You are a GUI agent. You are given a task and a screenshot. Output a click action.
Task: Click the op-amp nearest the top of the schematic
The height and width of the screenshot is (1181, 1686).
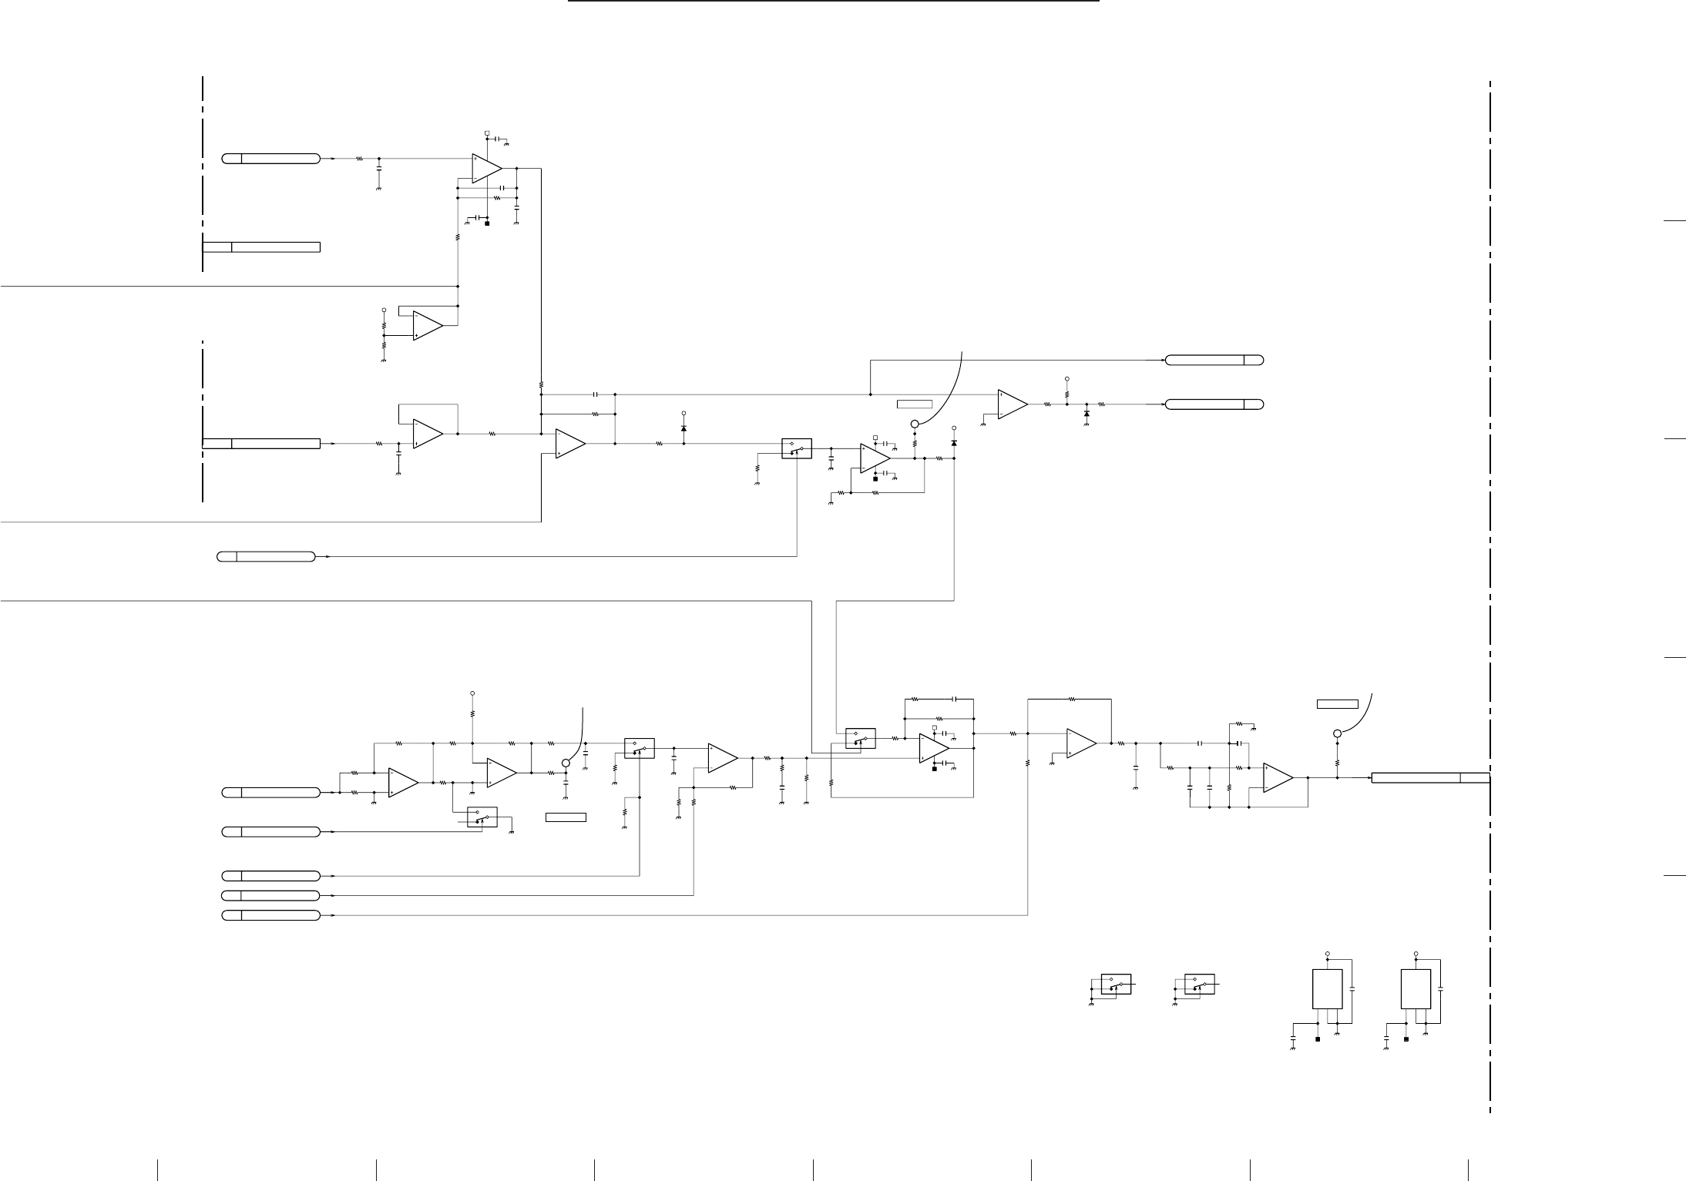coord(486,168)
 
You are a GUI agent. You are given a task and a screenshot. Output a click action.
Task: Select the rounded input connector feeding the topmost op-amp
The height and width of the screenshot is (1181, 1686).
coord(270,159)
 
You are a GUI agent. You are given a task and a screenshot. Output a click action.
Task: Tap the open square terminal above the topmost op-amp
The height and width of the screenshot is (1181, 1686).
coord(487,133)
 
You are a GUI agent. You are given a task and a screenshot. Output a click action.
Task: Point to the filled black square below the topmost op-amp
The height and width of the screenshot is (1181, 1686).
coord(487,223)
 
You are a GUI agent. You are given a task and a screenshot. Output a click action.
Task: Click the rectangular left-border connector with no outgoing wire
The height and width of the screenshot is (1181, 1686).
coord(261,247)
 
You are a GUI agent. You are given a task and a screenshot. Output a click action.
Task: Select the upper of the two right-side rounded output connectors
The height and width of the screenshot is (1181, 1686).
coord(1214,360)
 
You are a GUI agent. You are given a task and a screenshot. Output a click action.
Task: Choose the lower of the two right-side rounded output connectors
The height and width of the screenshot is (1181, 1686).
coord(1214,404)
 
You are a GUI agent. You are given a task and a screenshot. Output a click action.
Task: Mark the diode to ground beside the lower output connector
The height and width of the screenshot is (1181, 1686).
coord(1086,414)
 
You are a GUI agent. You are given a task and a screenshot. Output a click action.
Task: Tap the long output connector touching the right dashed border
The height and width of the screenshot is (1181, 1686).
coord(1429,777)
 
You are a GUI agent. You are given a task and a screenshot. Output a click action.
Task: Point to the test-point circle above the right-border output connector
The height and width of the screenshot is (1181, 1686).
coord(1337,733)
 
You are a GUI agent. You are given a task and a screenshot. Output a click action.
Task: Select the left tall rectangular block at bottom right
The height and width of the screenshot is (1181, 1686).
coord(1327,988)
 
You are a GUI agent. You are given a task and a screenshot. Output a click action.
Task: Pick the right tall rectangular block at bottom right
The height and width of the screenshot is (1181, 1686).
coord(1416,988)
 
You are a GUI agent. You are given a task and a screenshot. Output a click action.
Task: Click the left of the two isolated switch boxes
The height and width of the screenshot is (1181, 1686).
coord(1116,984)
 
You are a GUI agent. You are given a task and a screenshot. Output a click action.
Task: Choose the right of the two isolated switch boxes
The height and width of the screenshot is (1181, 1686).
coord(1199,984)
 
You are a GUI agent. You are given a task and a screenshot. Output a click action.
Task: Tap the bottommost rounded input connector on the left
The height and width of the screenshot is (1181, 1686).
coord(270,915)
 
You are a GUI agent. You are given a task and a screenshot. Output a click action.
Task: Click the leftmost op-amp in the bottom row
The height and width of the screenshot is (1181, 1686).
coord(403,782)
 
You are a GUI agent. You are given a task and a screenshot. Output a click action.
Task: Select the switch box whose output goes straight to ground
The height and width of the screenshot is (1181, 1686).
coord(482,817)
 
